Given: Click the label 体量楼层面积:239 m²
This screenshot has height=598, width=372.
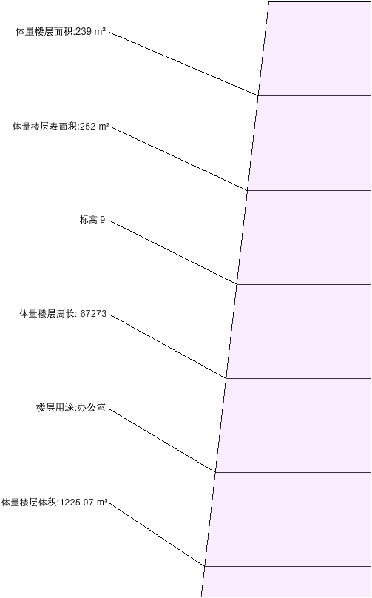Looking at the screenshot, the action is click(61, 32).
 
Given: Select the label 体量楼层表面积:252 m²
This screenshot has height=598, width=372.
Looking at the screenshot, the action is click(61, 127).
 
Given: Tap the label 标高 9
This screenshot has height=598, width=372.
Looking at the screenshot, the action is click(92, 220).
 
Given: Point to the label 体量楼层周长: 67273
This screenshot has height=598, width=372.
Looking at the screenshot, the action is click(63, 314).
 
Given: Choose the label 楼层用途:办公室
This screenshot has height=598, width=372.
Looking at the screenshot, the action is click(71, 408).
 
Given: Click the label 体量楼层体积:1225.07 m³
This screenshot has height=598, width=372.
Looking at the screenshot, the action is click(55, 503).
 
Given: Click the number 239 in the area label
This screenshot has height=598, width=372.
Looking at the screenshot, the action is click(84, 32).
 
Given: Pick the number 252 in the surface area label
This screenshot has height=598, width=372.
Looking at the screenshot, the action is click(88, 127).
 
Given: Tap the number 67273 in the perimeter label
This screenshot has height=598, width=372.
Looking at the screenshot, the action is click(93, 315).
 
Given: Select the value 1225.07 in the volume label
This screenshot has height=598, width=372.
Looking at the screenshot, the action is click(77, 503).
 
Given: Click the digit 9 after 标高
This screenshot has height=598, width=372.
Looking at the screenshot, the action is click(103, 220).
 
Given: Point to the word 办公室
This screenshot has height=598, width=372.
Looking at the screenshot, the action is click(92, 408).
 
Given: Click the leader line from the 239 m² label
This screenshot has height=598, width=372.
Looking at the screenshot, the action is click(184, 64).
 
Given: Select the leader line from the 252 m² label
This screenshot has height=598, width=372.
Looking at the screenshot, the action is click(180, 158).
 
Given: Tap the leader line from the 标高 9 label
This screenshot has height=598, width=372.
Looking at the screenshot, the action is click(173, 252).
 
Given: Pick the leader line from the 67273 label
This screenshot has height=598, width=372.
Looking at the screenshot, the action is click(168, 346).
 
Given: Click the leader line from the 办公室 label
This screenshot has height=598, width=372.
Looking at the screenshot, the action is click(163, 441).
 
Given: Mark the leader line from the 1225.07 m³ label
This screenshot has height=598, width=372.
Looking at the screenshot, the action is click(158, 534).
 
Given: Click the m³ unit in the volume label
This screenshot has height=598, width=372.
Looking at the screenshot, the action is click(102, 503).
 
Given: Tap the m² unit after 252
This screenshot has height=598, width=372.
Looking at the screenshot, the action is click(104, 127).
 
